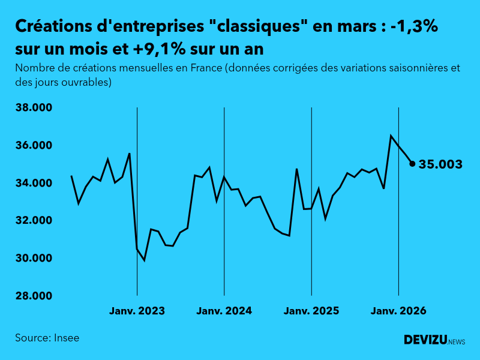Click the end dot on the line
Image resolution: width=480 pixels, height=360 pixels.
pyautogui.click(x=412, y=164)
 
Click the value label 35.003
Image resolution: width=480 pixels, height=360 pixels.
pyautogui.click(x=440, y=164)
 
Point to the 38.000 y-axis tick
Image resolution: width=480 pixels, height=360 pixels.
pyautogui.click(x=34, y=108)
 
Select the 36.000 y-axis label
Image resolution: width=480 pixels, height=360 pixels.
pyautogui.click(x=34, y=146)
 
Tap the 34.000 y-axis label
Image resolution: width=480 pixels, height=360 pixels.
pyautogui.click(x=34, y=183)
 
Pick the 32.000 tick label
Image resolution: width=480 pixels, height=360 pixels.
pyautogui.click(x=34, y=221)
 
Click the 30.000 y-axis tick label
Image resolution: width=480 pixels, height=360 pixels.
pyautogui.click(x=34, y=259)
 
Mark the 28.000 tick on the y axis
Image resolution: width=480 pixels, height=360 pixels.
pyautogui.click(x=34, y=296)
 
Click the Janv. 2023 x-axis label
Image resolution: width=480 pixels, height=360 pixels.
pyautogui.click(x=137, y=311)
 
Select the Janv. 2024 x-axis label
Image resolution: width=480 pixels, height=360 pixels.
pyautogui.click(x=224, y=311)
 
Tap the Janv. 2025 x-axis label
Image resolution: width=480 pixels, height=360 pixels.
pyautogui.click(x=311, y=311)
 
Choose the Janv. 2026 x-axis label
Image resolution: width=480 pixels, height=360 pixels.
pyautogui.click(x=398, y=311)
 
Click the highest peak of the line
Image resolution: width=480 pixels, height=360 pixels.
pyautogui.click(x=391, y=136)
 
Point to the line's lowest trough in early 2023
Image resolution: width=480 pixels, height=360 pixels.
pyautogui.click(x=144, y=260)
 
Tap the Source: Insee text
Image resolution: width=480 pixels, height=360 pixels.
pyautogui.click(x=47, y=338)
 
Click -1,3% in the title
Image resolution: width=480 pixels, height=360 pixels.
pyautogui.click(x=414, y=26)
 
